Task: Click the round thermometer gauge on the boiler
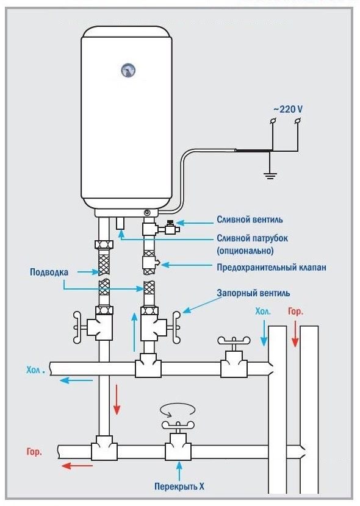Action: point(129,70)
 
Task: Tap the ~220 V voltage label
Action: point(287,109)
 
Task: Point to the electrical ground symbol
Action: point(269,175)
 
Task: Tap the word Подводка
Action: point(49,272)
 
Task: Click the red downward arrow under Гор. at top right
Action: point(296,334)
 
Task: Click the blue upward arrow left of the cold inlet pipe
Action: point(134,332)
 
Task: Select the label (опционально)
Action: point(245,251)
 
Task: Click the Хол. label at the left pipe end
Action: point(37,369)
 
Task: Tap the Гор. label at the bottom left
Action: point(34,454)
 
